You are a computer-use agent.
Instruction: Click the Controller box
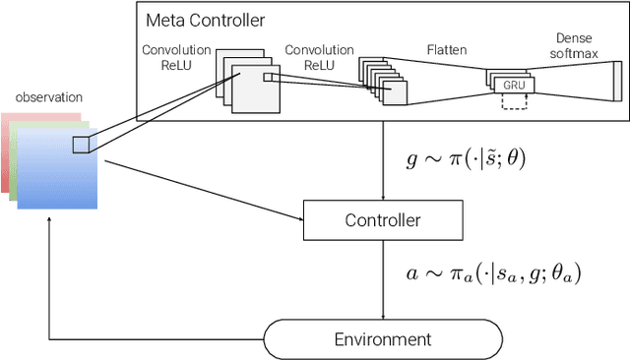coord(382,220)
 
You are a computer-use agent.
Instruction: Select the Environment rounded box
coord(382,339)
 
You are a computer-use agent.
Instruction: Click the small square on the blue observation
coord(80,146)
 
